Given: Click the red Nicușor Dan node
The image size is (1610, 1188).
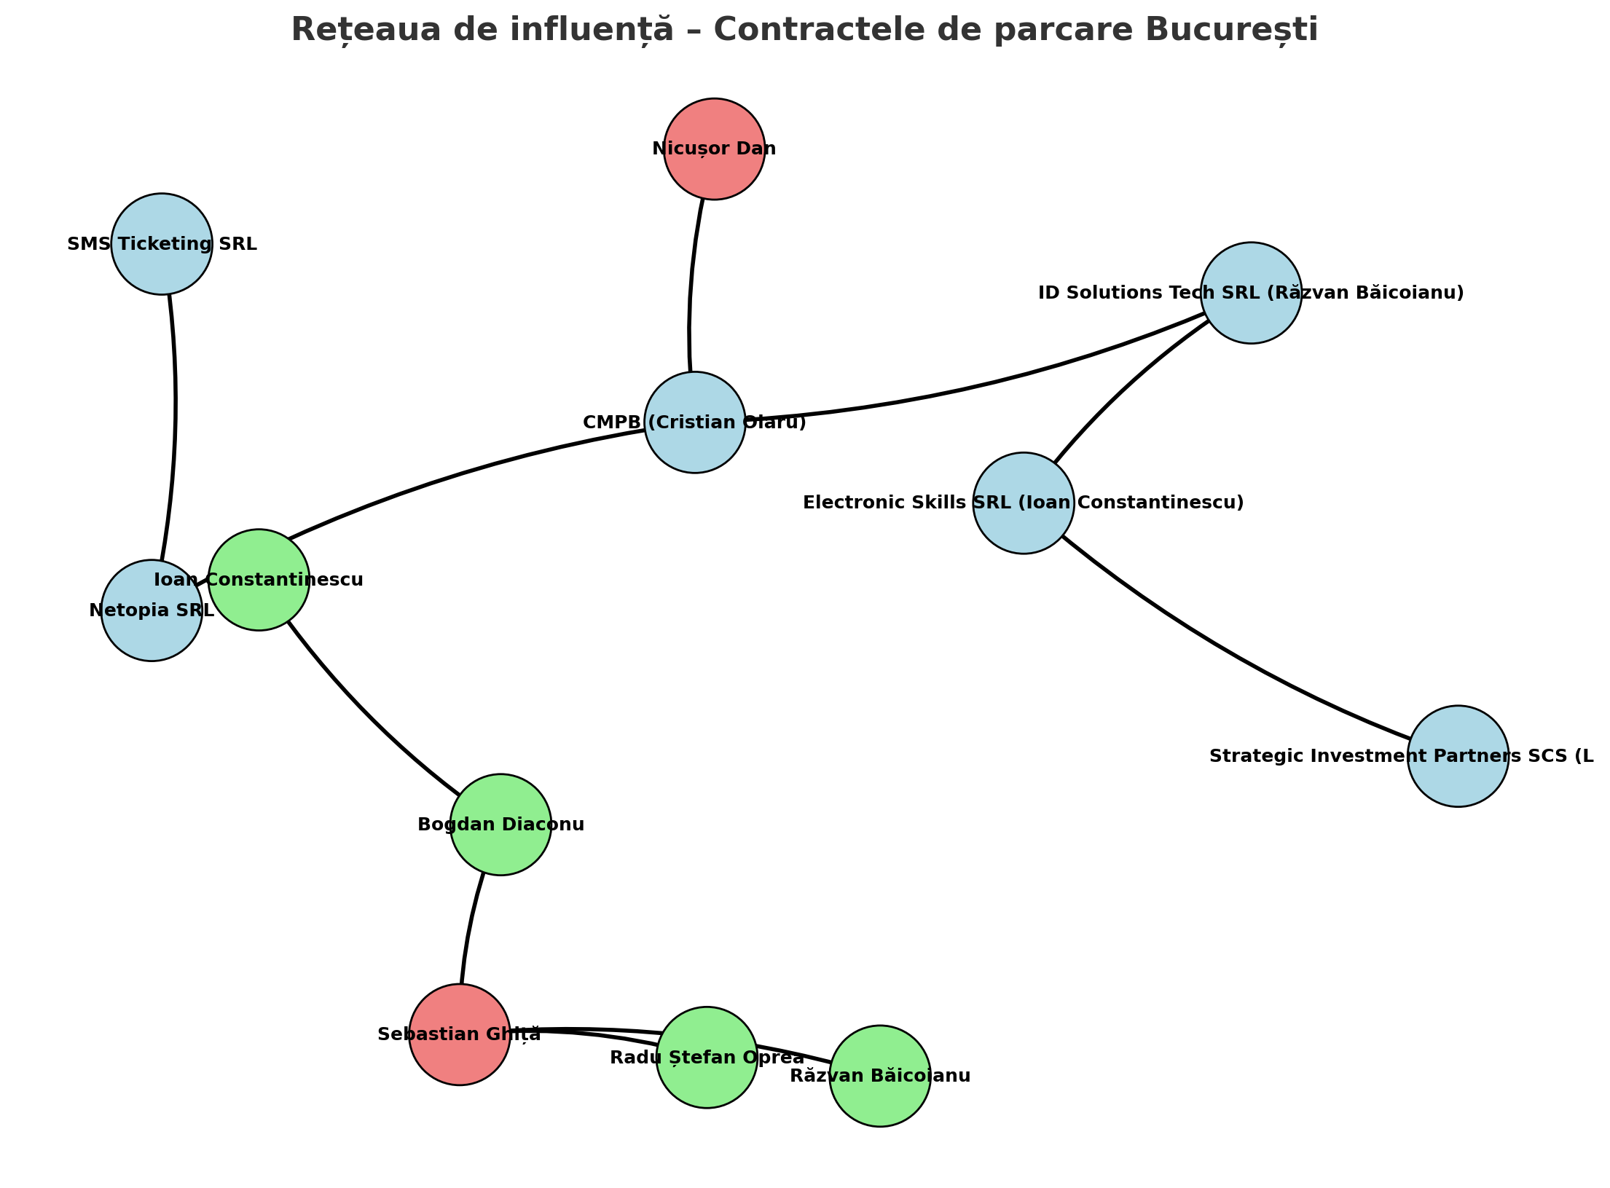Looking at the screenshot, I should click(x=714, y=149).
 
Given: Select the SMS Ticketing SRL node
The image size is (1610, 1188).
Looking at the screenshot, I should click(x=162, y=244).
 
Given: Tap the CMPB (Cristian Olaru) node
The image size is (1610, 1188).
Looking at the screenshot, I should click(x=695, y=422).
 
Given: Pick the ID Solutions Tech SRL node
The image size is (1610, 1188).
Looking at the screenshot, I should click(x=1251, y=293).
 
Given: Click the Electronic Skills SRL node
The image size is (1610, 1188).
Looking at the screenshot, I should click(x=1023, y=503).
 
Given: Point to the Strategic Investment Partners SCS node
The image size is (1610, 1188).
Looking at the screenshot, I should click(x=1458, y=756).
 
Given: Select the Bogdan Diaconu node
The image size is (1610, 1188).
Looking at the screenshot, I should click(x=500, y=825).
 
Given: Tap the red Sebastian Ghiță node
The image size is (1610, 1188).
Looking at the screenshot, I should click(x=459, y=1035).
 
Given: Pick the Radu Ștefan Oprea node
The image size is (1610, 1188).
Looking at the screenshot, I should click(x=707, y=1058).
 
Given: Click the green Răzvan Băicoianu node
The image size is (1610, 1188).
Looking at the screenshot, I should click(x=880, y=1077).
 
